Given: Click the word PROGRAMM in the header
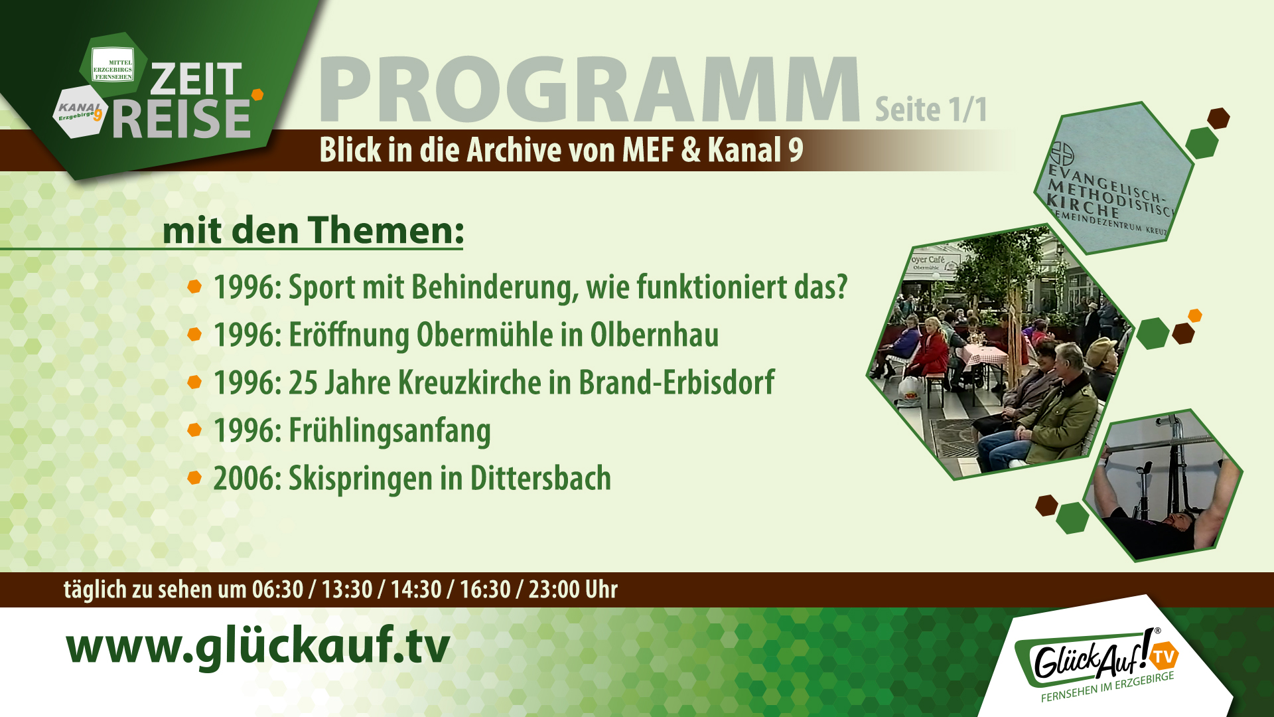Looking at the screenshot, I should click(589, 91).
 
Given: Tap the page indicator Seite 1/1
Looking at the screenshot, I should click(930, 110).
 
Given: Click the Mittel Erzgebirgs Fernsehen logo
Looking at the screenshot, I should click(113, 65).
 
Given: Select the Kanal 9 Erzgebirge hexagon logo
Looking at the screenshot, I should click(80, 111).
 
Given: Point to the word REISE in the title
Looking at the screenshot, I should click(181, 119).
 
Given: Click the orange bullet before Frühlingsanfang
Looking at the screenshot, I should click(194, 430).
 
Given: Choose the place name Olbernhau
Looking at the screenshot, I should click(654, 335).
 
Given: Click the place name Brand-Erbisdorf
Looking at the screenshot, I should click(676, 382).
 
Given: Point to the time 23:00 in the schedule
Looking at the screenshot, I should click(554, 590).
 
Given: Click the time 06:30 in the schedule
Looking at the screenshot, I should click(277, 590).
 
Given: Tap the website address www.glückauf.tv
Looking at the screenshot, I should click(258, 645).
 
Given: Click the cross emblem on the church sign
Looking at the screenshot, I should click(1062, 154).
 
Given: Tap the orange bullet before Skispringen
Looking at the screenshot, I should click(194, 478).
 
